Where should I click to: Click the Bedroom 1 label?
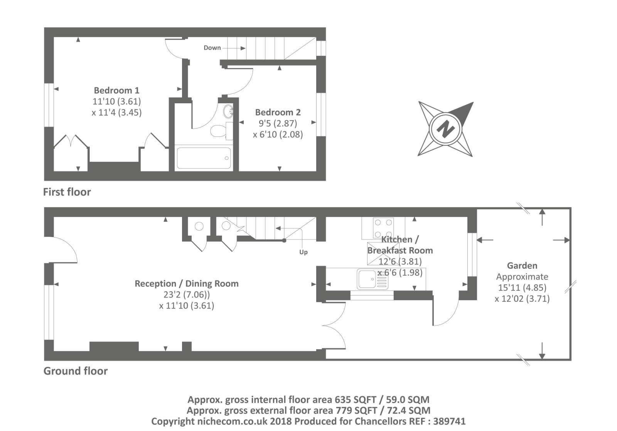116,90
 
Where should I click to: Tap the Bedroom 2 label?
278,112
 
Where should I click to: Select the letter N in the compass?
445,129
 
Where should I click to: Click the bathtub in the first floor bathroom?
204,158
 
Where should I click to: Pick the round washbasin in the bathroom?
228,111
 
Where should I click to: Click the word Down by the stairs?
212,48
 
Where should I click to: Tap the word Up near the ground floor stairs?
303,252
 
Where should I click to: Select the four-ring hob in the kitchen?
383,228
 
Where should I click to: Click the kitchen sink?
373,279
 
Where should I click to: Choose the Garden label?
522,266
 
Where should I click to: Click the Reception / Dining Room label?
187,284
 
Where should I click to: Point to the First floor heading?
67,192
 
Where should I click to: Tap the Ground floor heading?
76,371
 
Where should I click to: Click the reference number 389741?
449,421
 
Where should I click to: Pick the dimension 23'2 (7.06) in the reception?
187,295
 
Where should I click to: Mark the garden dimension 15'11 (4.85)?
522,288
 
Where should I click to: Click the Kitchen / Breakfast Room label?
400,245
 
